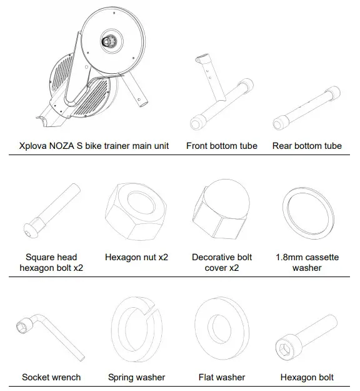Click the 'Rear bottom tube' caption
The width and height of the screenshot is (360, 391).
pyautogui.click(x=307, y=146)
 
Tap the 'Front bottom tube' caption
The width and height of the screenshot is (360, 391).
pyautogui.click(x=221, y=146)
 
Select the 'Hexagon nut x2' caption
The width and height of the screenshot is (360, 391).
pyautogui.click(x=137, y=257)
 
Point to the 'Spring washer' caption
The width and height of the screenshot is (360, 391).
pyautogui.click(x=137, y=377)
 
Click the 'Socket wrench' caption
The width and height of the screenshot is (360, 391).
pyautogui.click(x=51, y=377)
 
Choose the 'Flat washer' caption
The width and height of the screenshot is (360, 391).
pyautogui.click(x=221, y=377)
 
